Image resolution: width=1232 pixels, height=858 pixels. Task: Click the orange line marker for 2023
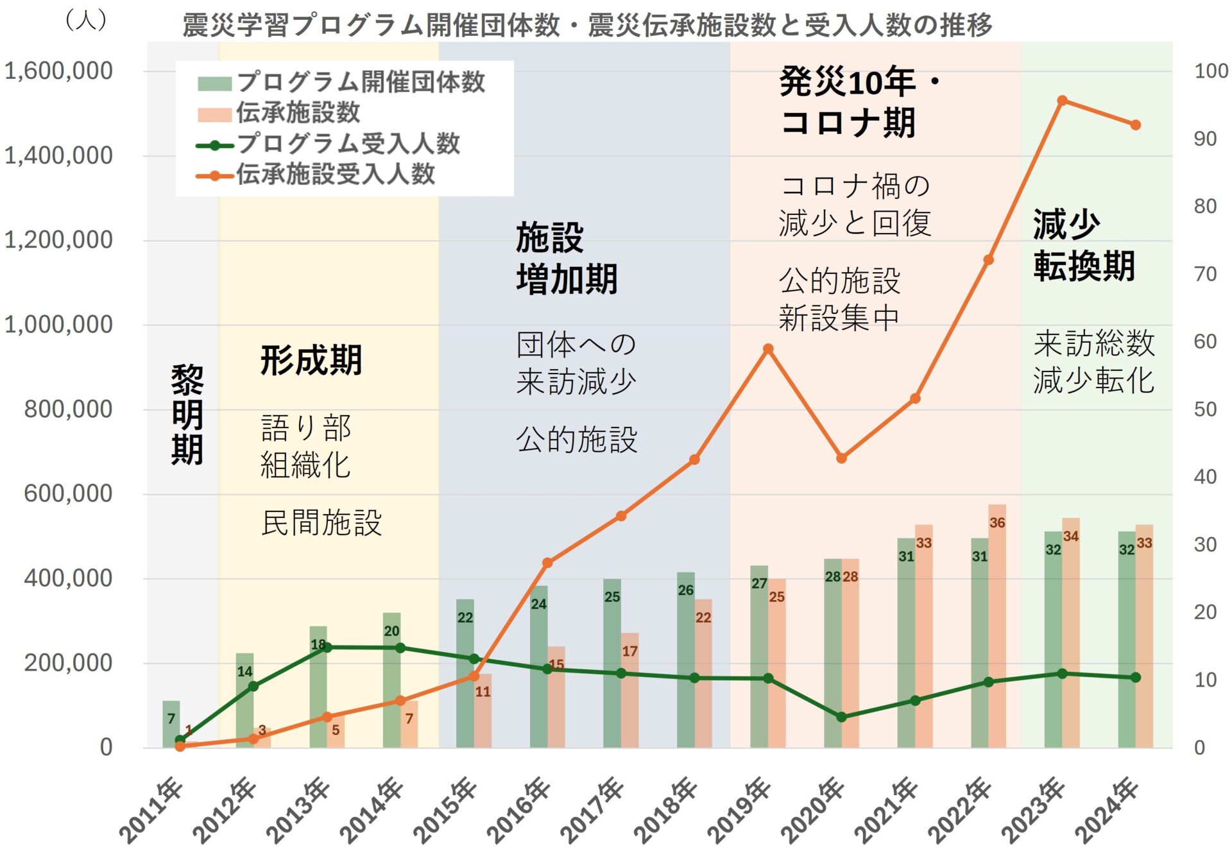tap(1062, 101)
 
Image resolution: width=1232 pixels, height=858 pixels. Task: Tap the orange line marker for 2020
tap(841, 458)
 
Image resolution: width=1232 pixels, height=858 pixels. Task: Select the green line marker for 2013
tap(327, 648)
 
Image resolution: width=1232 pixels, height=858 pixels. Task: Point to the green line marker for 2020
tap(841, 717)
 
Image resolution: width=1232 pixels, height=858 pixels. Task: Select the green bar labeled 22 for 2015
tap(465, 674)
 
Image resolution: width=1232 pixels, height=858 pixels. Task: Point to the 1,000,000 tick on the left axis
tap(58, 325)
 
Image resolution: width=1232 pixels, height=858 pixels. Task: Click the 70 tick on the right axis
tap(1204, 274)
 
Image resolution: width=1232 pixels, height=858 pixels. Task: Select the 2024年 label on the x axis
tap(1107, 811)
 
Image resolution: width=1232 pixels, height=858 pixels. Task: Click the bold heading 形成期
tap(311, 360)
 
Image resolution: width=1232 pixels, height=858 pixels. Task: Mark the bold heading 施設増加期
tap(566, 258)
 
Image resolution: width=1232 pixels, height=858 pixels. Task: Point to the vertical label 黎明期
tap(187, 415)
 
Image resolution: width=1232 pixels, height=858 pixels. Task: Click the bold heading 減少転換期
tap(1083, 245)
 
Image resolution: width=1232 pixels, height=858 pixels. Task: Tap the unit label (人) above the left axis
tap(86, 20)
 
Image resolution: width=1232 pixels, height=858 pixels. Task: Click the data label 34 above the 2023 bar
tap(1070, 536)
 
